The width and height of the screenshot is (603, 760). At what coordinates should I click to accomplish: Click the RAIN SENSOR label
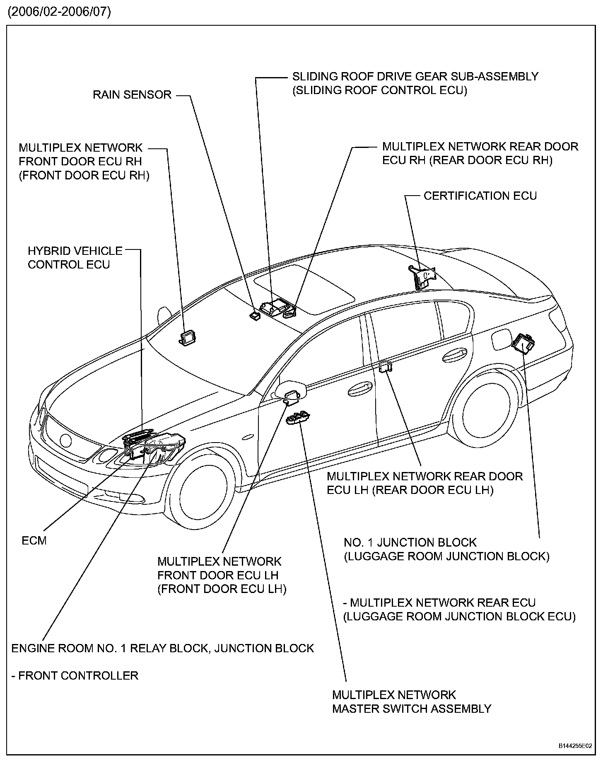(132, 95)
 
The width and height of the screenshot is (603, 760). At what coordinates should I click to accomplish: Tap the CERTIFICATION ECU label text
(480, 196)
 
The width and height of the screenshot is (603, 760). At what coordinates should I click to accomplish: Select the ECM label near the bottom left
(34, 540)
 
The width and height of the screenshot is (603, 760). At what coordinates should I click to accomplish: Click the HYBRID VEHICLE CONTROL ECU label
(75, 258)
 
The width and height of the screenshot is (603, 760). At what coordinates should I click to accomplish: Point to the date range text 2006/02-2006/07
(59, 12)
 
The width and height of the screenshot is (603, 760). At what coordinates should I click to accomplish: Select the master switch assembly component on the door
(298, 418)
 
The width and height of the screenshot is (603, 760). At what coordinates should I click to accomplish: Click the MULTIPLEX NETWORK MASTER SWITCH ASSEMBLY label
(411, 702)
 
